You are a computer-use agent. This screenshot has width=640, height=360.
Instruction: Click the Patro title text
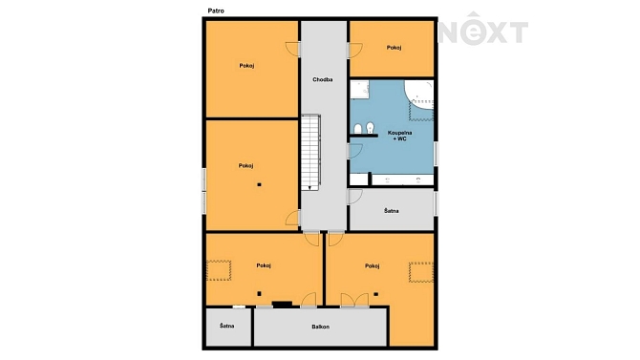tap(216, 11)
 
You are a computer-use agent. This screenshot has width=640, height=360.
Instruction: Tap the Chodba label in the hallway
tap(323, 79)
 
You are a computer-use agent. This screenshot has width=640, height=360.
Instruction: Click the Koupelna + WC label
tap(399, 136)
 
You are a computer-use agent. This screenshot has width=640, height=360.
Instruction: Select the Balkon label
tap(320, 327)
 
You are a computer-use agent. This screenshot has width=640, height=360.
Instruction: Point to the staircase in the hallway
tap(310, 152)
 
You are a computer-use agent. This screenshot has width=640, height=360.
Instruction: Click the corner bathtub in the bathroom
tap(418, 95)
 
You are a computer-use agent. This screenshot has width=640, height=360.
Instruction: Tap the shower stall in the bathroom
tap(359, 90)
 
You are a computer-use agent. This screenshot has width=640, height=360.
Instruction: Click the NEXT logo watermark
tap(483, 29)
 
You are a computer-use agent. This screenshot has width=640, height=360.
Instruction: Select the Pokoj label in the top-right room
tap(394, 48)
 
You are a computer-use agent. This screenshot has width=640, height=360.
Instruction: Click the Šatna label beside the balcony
tap(227, 327)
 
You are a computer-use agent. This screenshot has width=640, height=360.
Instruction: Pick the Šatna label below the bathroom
tap(391, 211)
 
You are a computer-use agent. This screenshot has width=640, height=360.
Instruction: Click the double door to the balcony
tap(354, 300)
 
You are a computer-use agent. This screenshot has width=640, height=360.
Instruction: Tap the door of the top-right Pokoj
tap(355, 51)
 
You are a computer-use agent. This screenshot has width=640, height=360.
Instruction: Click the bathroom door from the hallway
tap(355, 151)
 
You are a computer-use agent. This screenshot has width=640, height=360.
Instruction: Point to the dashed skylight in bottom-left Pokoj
tap(219, 270)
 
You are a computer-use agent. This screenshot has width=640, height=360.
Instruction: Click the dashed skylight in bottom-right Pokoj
tap(421, 272)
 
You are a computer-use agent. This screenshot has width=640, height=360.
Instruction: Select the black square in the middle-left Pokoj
tap(259, 184)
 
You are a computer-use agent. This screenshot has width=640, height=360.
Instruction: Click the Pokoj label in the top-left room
tap(247, 65)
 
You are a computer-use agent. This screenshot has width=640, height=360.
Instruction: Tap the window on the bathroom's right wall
tap(436, 154)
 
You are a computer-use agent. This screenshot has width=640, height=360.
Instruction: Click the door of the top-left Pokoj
tap(292, 50)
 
